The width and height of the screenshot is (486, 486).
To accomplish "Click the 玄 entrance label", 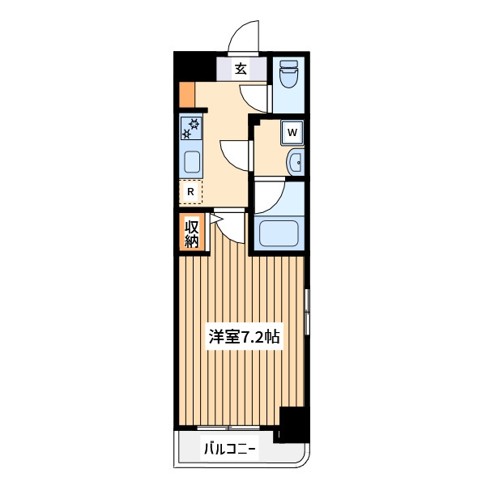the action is point(241,69).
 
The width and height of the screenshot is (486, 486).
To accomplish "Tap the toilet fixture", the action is point(288,74).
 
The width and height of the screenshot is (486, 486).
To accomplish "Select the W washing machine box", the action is point(292,133).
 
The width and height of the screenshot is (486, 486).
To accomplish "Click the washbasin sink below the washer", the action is point(296,162).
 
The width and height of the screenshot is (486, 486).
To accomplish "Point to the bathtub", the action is point(279,233).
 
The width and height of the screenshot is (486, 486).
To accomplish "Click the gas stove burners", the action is point(191,128).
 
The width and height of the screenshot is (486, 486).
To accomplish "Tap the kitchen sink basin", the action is point(192,162).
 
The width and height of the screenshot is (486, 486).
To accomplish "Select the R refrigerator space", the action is point(190,191).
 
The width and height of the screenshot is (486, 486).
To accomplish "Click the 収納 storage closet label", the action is point(191,233).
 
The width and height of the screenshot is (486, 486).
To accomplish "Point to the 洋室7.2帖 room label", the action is point(245,337).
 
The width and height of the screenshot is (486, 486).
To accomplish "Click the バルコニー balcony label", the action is point(230,449).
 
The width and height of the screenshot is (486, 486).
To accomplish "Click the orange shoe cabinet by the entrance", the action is point(187,94).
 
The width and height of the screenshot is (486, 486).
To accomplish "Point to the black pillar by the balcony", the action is point(292,424).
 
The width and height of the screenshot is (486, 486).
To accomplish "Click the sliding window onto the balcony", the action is point(228,428).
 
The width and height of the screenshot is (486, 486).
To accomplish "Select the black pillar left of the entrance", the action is point(194,66).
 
